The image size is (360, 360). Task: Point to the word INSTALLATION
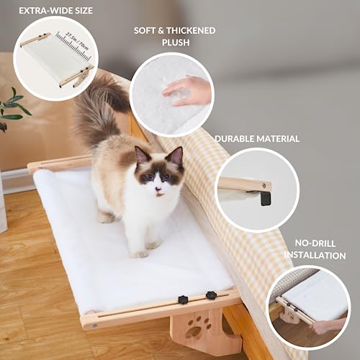315,255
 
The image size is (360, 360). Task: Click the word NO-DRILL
314,243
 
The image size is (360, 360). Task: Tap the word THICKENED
183,31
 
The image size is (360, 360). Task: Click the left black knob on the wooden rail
184,299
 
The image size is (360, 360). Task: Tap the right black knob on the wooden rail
211,295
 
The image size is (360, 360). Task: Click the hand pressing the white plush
188,91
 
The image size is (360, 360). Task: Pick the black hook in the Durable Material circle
265,196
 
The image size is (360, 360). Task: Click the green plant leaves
12,108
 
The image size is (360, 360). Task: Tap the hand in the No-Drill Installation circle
328,325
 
